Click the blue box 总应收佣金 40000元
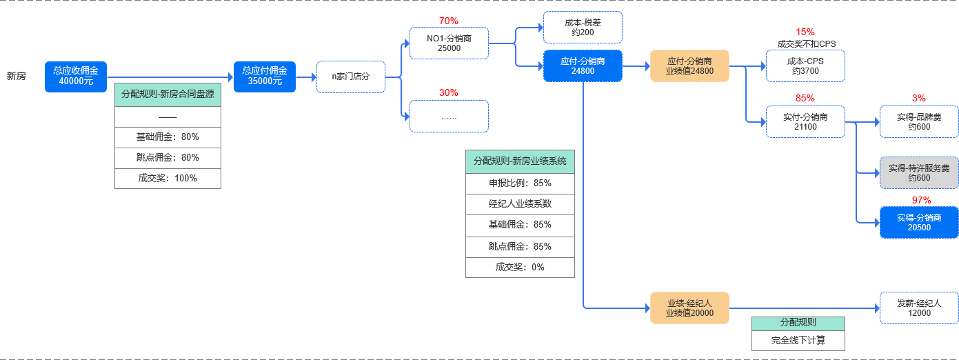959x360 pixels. [76, 77]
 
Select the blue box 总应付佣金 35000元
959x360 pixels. [265, 77]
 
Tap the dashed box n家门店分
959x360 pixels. [350, 77]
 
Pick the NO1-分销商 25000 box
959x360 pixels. [449, 43]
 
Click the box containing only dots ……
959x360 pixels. [449, 116]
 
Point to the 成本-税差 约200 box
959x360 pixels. [583, 27]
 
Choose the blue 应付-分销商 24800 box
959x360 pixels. [583, 66]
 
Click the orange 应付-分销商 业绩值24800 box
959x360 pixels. [689, 66]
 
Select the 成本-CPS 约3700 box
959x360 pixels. [805, 66]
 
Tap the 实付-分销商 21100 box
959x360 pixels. [805, 122]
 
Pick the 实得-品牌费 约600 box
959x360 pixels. [919, 122]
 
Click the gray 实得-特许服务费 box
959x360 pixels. [919, 173]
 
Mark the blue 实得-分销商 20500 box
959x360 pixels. [919, 223]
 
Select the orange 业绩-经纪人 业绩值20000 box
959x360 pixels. [689, 308]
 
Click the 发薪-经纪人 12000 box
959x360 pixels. [919, 308]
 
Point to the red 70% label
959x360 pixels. [448, 21]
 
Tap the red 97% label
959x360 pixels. [921, 200]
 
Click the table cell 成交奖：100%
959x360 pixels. [168, 178]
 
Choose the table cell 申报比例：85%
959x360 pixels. [520, 183]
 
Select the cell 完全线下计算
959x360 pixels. [798, 341]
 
